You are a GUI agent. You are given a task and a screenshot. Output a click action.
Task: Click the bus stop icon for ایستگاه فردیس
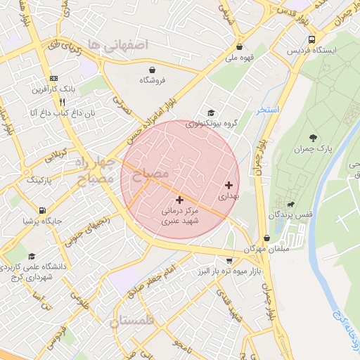pyautogui.click(x=311, y=39)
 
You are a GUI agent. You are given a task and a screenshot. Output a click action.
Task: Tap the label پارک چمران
pyautogui.click(x=314, y=149)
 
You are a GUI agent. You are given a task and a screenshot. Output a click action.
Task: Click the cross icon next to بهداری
pyautogui.click(x=229, y=185)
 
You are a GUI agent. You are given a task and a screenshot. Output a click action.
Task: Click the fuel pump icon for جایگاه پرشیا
pyautogui.click(x=44, y=210)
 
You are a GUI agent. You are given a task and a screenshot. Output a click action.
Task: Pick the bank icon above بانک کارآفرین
pyautogui.click(x=53, y=78)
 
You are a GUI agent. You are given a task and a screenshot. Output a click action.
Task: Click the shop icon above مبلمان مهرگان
pyautogui.click(x=266, y=238)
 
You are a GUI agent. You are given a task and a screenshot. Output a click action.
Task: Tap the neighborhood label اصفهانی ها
pyautogui.click(x=124, y=44)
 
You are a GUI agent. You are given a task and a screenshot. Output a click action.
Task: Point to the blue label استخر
pyautogui.click(x=268, y=110)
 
